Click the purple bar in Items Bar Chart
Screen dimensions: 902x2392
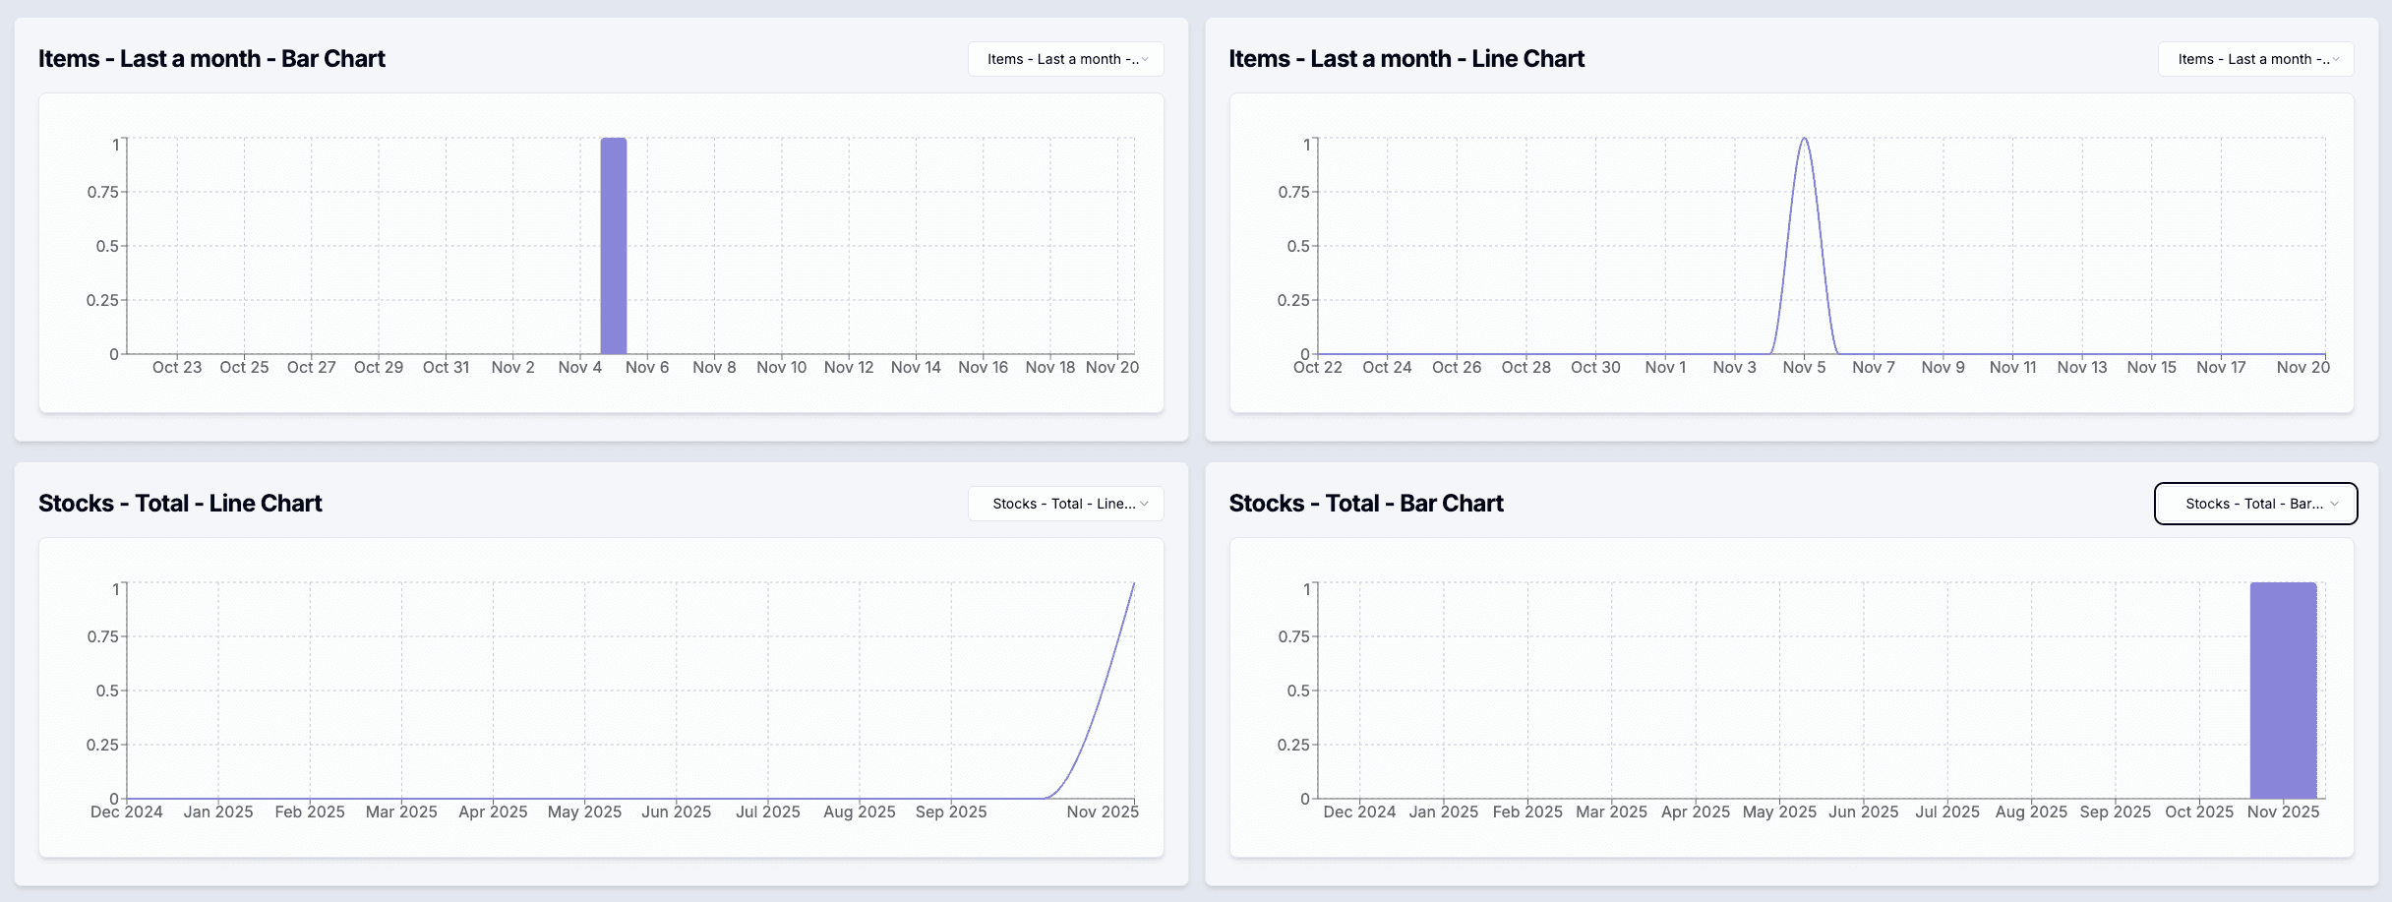[x=614, y=246]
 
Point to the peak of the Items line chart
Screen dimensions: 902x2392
[x=1804, y=140]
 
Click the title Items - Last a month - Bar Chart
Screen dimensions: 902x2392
[x=211, y=59]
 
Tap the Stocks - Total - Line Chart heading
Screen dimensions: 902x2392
[x=180, y=504]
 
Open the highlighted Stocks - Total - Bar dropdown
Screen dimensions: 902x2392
[x=2255, y=504]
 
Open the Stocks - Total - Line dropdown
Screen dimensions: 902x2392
[x=1066, y=504]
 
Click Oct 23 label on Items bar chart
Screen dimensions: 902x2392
[x=177, y=367]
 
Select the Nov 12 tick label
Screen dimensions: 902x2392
[x=849, y=367]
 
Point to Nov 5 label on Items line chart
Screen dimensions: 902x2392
[x=1804, y=367]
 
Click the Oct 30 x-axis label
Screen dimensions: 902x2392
[x=1595, y=367]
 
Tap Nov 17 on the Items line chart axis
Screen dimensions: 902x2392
[x=2221, y=367]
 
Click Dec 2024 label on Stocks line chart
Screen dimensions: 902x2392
[x=127, y=812]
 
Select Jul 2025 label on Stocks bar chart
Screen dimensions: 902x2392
[x=1947, y=812]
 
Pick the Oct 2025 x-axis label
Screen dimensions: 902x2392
[x=2199, y=812]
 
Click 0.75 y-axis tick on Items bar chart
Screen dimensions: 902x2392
[x=102, y=192]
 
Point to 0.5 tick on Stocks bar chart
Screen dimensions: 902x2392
[x=1298, y=691]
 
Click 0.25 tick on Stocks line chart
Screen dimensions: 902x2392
[x=102, y=745]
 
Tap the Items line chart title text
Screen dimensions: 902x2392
[x=1406, y=59]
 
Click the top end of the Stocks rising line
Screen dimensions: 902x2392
[x=1133, y=584]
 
